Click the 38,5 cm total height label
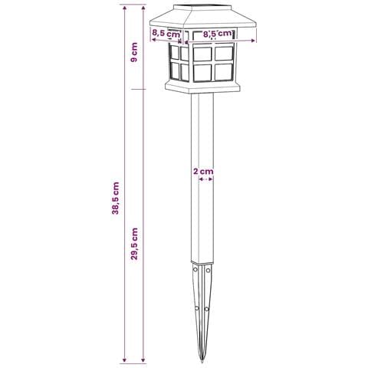[x=116, y=198]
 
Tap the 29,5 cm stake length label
[x=134, y=244]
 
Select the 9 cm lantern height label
[x=134, y=52]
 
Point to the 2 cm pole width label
[x=203, y=171]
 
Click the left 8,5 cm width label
[x=166, y=33]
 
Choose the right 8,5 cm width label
[x=217, y=34]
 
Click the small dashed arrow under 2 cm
[x=205, y=179]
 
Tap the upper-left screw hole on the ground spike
[x=195, y=270]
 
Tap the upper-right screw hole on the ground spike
[x=209, y=270]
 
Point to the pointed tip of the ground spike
[x=202, y=361]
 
